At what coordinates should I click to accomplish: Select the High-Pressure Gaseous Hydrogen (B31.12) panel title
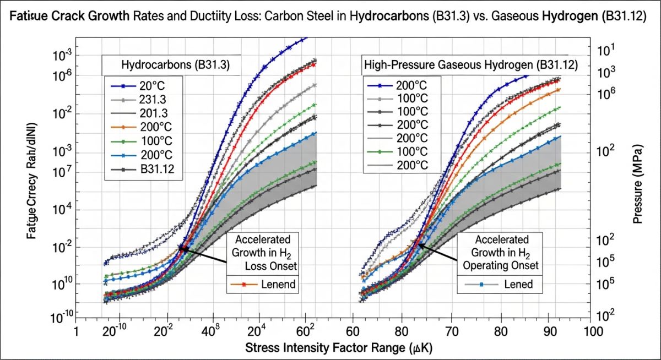[471, 65]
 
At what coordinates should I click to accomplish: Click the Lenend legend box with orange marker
[263, 285]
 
